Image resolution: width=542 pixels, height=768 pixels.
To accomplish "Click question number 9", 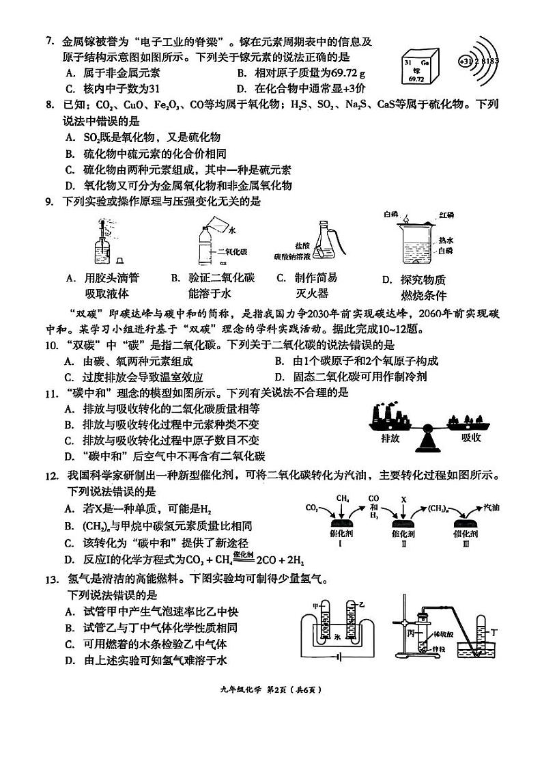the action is coord(49,201).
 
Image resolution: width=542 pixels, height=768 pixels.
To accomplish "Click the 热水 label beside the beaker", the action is coord(446,240).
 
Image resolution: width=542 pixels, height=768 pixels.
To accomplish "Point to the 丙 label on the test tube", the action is coord(411,631).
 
